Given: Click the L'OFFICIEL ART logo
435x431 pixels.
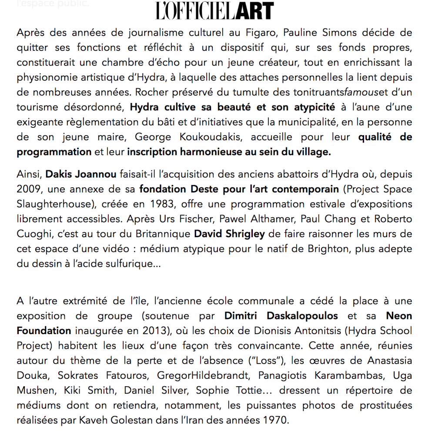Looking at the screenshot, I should tap(214, 11).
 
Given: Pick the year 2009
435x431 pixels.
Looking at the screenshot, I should tap(29, 189).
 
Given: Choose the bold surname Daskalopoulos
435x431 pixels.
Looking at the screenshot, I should tap(298, 316).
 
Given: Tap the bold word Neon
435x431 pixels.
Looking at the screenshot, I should tap(399, 316).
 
